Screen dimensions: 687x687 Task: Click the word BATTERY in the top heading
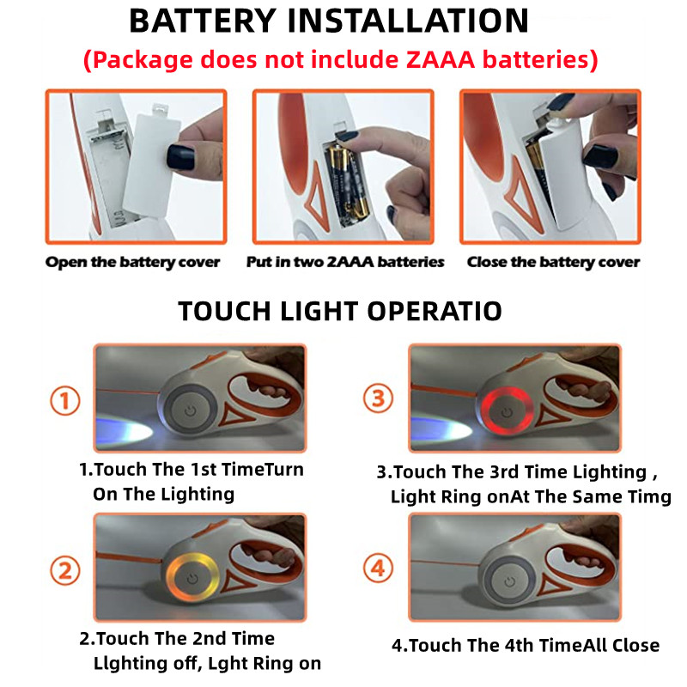click(203, 21)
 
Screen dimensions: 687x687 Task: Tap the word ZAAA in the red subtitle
click(441, 59)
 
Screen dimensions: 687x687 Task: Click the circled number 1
click(65, 400)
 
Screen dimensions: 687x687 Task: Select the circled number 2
click(65, 570)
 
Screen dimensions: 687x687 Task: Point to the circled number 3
click(379, 398)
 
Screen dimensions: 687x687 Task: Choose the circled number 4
click(379, 568)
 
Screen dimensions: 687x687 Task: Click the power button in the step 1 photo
click(190, 411)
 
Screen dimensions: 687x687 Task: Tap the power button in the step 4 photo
click(509, 582)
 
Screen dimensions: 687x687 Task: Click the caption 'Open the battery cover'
click(132, 262)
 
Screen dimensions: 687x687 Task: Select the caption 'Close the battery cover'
click(553, 262)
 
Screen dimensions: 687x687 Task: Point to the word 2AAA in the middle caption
click(350, 262)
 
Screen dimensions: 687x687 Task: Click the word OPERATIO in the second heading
click(435, 312)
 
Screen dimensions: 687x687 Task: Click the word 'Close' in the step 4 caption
click(635, 646)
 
